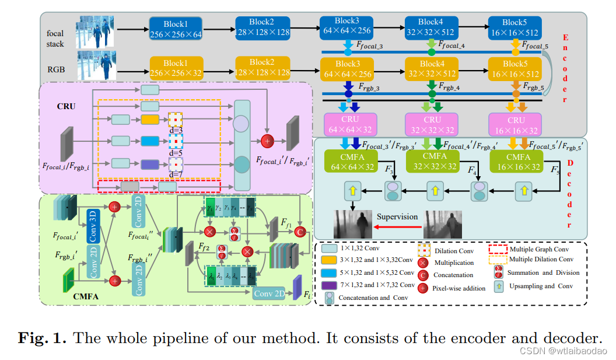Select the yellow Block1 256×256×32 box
[x=177, y=68]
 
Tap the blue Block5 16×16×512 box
[x=515, y=28]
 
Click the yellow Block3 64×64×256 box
[x=346, y=68]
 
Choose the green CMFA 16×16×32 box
[x=516, y=161]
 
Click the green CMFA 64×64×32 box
[x=347, y=162]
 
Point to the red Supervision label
[x=396, y=216]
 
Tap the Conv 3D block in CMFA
[x=94, y=223]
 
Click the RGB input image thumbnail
[x=96, y=65]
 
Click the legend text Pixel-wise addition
[x=459, y=288]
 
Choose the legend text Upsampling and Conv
[x=541, y=286]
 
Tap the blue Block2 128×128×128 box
[x=262, y=28]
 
